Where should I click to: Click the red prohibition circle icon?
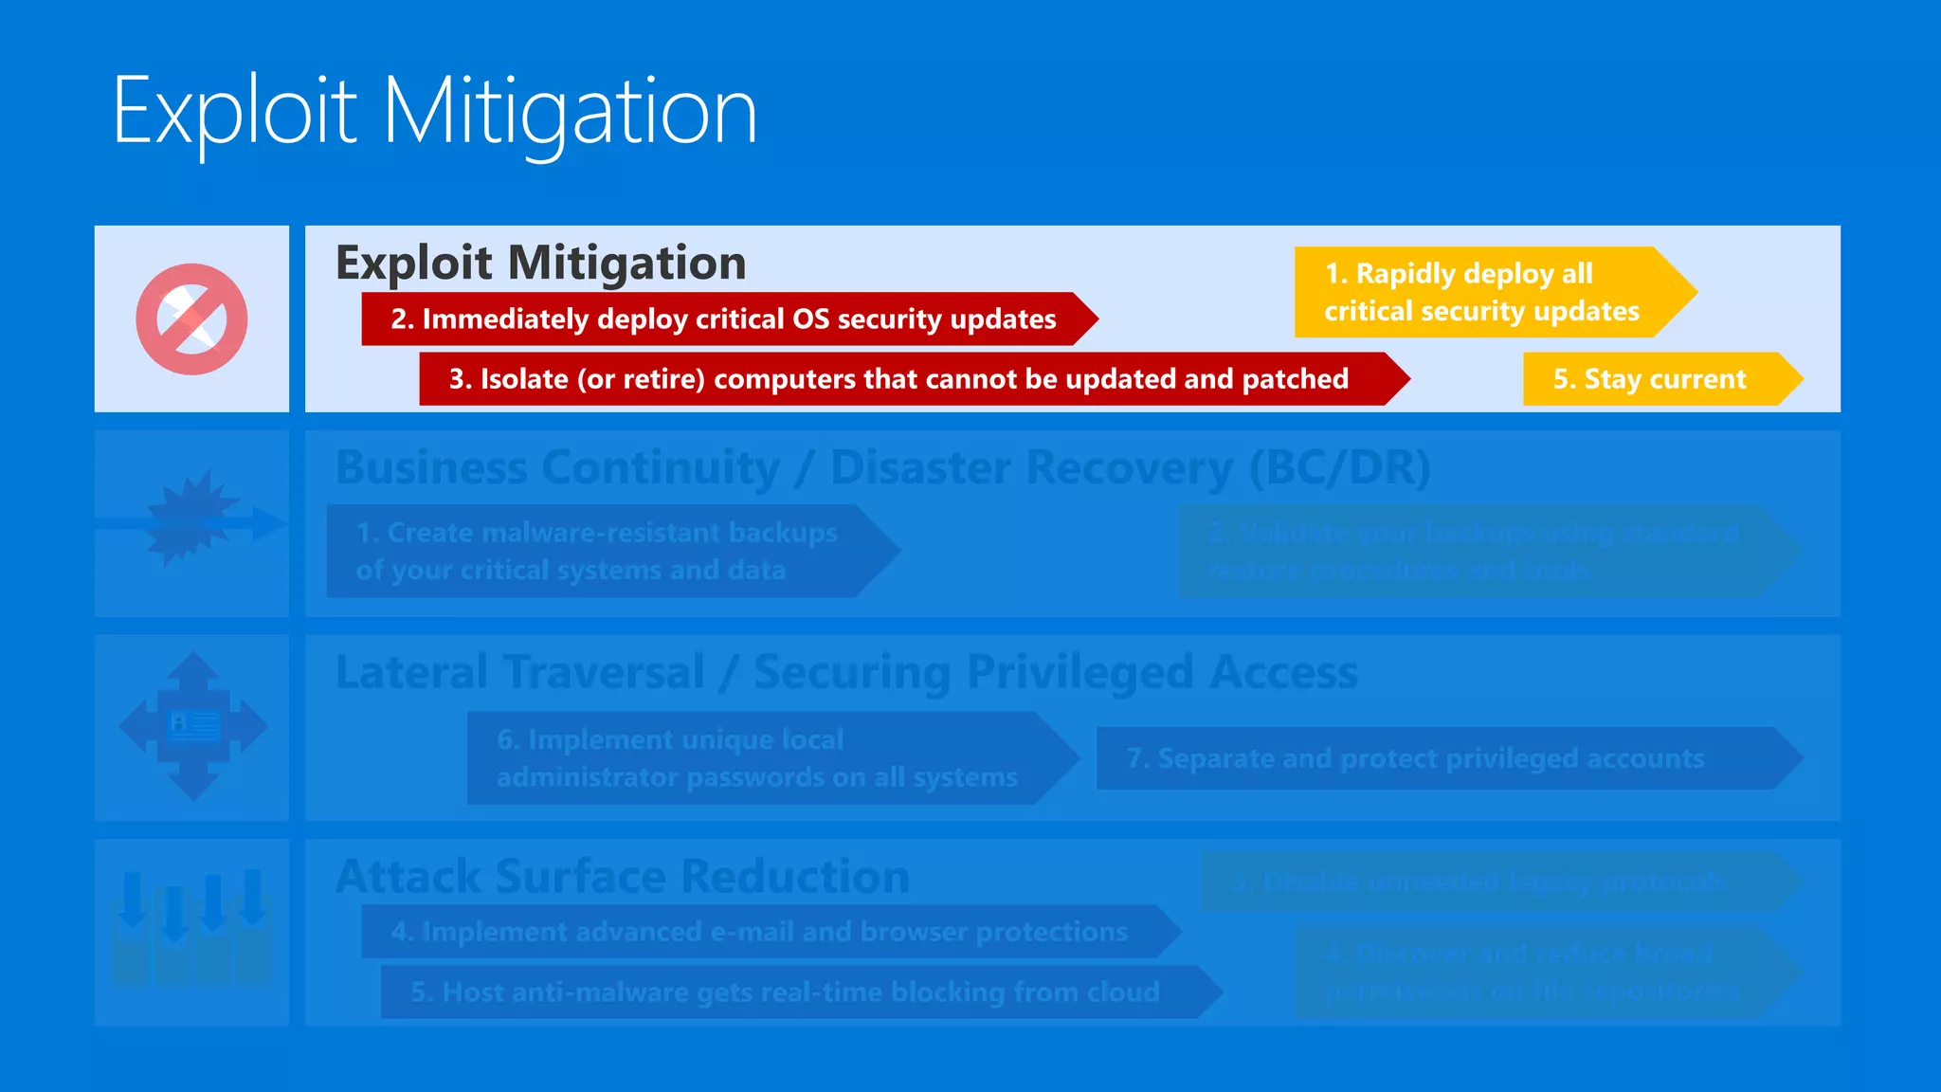191,318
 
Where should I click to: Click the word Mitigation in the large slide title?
569,112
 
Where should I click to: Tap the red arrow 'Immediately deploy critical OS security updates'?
725,319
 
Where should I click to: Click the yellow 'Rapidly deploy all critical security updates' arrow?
1483,292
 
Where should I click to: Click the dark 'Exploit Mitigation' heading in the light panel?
541,263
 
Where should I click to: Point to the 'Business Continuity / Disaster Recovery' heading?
882,467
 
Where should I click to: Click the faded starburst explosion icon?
191,519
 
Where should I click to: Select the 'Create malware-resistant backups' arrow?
597,551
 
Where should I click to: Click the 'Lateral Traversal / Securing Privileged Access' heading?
846,672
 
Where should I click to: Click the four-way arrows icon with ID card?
193,726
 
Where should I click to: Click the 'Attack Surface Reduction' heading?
623,876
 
